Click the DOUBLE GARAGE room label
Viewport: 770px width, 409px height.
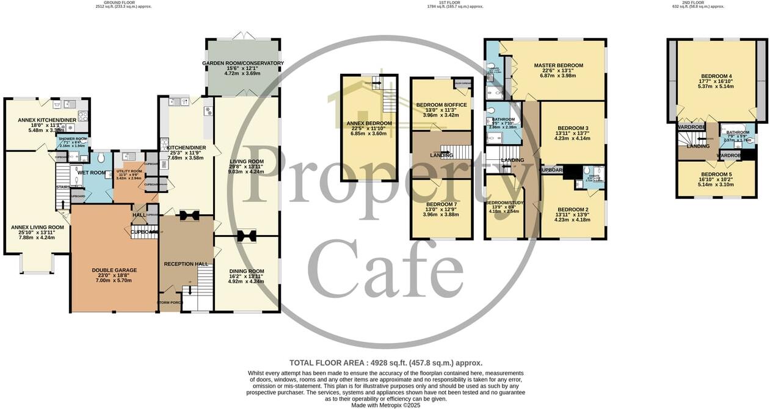coord(114,270)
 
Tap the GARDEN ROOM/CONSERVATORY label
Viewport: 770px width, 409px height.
coord(243,63)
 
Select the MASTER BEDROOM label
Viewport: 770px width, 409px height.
coord(558,65)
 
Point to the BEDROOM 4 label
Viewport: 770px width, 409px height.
coord(716,76)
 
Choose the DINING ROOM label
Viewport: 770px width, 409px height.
coord(247,271)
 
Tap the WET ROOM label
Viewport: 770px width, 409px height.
coord(91,173)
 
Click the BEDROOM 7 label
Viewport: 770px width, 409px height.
coord(441,204)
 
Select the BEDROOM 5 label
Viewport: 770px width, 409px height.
coord(716,175)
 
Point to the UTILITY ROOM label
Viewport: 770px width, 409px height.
coord(129,172)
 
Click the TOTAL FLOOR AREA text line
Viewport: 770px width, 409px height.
coord(385,363)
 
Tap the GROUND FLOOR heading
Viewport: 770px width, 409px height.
coord(123,2)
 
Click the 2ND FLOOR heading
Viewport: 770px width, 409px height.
coord(697,2)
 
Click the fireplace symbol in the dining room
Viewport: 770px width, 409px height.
coord(247,236)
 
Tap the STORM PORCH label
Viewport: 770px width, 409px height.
coord(170,303)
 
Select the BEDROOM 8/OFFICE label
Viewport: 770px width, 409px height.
coord(441,105)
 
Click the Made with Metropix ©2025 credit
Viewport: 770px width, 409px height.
coord(385,405)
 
